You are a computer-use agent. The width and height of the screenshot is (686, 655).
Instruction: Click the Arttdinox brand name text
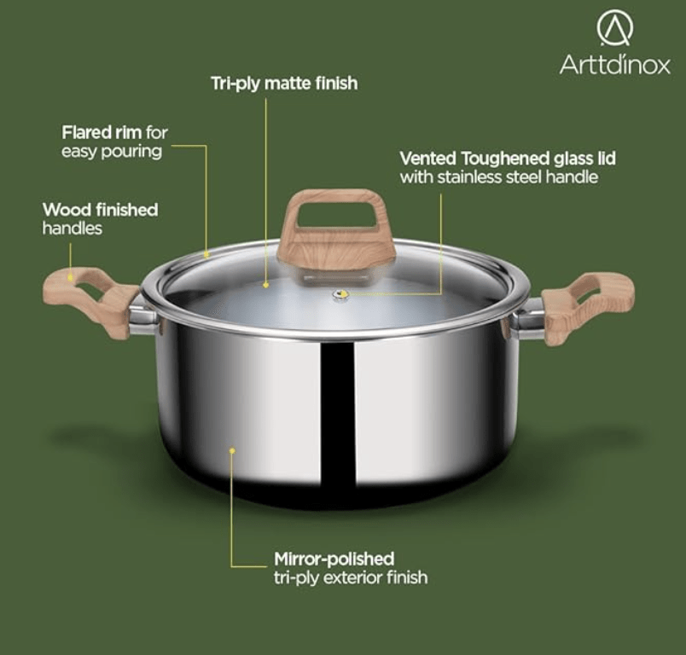pos(614,65)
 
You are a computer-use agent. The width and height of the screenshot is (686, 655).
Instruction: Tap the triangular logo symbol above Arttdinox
pos(615,28)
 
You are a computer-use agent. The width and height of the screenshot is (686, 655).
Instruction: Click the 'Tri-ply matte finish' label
pos(284,84)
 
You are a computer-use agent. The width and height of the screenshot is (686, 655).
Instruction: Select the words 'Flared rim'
pos(102,132)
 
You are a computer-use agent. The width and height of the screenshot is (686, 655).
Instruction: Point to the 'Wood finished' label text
pos(100,210)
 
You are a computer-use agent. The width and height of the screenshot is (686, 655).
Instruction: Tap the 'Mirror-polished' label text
pos(334,559)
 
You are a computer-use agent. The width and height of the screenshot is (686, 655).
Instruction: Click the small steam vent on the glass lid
pos(340,296)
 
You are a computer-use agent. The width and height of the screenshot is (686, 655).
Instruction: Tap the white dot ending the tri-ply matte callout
pos(265,284)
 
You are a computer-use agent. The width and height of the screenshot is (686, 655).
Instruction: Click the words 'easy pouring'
pos(111,151)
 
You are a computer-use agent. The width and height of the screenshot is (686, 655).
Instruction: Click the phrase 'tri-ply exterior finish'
pos(351,577)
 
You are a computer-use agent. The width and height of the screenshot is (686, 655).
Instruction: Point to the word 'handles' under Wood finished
pos(73,229)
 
